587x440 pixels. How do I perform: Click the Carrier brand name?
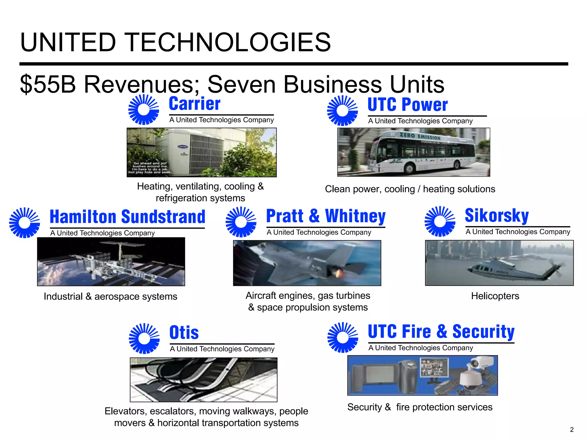(x=195, y=104)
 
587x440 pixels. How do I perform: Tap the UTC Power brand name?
(x=407, y=105)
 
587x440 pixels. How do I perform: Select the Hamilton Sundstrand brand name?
(x=128, y=217)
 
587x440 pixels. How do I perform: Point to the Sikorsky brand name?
(x=497, y=216)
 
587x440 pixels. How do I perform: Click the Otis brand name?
(x=184, y=333)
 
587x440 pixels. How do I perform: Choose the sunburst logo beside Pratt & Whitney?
(x=241, y=222)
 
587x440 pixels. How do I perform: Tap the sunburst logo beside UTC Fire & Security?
(x=343, y=337)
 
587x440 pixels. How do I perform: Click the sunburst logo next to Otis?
(x=144, y=339)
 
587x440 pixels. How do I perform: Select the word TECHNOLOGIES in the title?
(x=228, y=42)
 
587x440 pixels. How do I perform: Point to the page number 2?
(x=572, y=429)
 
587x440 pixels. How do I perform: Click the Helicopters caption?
(x=495, y=296)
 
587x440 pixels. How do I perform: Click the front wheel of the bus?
(x=409, y=169)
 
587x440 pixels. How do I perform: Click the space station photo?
(x=111, y=262)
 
